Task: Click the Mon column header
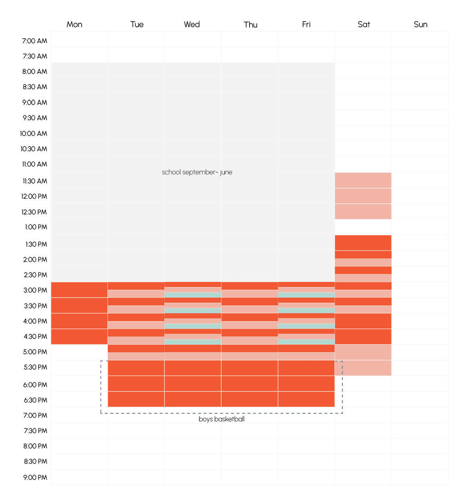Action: coord(74,24)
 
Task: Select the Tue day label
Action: coord(137,24)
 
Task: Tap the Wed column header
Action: coord(192,24)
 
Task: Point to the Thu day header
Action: coord(250,25)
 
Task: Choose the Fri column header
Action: coord(306,24)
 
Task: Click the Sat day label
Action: coord(364,24)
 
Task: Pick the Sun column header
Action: coord(420,24)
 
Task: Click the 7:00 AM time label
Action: coord(35,41)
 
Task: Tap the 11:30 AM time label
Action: coord(35,181)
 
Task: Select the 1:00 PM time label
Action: coord(36,227)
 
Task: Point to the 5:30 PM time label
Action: coord(35,367)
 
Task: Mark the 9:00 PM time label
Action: coord(35,477)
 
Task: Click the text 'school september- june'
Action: coord(197,172)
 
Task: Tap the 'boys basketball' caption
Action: coord(221,419)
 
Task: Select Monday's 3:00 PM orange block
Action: coord(79,290)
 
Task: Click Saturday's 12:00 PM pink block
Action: coord(363,196)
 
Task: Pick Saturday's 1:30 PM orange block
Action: coord(363,243)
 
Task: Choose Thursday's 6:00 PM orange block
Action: coord(250,384)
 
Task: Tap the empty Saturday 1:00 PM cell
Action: coord(363,227)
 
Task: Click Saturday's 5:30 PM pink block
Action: coord(363,368)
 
